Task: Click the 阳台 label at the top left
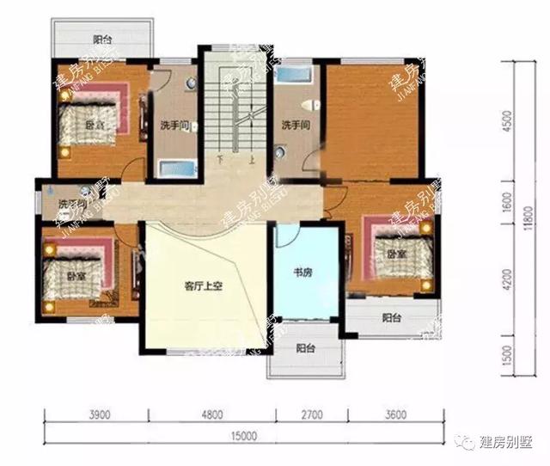point(102,39)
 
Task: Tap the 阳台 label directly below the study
point(305,349)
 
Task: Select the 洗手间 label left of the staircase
point(174,126)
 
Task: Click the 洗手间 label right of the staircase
point(295,126)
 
